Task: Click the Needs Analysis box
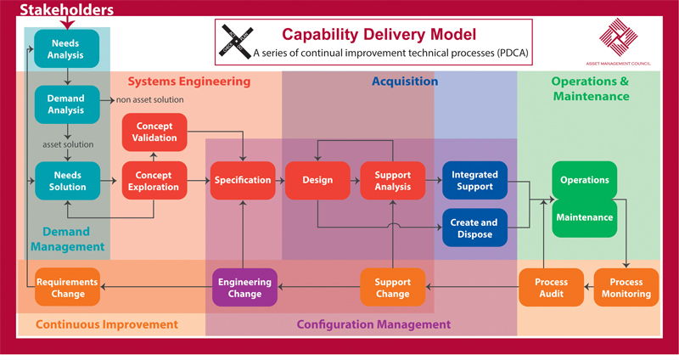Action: click(65, 49)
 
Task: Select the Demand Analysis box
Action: click(65, 104)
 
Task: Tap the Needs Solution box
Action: click(65, 180)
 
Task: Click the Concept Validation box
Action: click(154, 132)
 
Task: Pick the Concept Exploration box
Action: click(154, 180)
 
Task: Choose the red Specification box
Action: click(243, 180)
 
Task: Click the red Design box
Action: click(316, 180)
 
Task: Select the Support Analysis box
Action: click(392, 180)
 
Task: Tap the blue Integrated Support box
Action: click(474, 180)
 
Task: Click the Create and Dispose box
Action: click(474, 228)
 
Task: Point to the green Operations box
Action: click(585, 180)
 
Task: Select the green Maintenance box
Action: click(585, 217)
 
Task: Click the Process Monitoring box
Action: click(626, 288)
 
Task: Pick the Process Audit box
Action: click(551, 288)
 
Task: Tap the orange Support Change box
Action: click(392, 288)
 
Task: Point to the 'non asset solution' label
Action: click(150, 101)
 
